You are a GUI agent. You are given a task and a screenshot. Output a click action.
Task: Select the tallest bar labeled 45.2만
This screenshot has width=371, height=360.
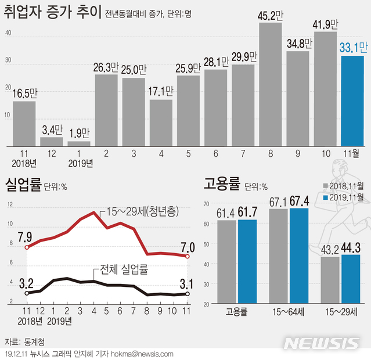click(270, 85)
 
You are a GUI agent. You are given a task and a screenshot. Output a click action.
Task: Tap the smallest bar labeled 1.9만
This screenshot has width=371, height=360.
click(78, 143)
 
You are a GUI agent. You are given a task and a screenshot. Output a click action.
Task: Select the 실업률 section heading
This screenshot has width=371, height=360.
click(23, 186)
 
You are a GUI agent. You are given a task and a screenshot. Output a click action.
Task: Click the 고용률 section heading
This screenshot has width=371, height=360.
click(221, 186)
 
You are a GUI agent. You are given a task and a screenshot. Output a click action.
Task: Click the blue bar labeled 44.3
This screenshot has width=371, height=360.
click(351, 279)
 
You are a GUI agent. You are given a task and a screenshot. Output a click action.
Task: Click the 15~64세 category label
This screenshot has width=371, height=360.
click(288, 312)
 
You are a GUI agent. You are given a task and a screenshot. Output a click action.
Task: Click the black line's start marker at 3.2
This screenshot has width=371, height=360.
click(26, 294)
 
